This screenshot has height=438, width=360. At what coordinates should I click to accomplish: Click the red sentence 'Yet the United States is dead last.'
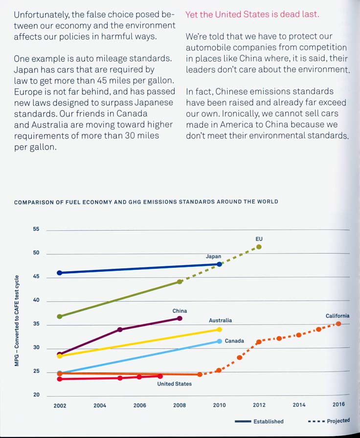tap(252, 15)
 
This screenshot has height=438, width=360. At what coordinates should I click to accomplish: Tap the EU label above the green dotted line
tap(259, 239)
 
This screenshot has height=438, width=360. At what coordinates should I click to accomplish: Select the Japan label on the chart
tap(213, 257)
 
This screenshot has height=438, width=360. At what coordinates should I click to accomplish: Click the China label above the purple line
tap(180, 311)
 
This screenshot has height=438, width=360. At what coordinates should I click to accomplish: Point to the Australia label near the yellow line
tap(220, 321)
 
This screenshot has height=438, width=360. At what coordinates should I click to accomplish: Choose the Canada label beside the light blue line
tap(234, 341)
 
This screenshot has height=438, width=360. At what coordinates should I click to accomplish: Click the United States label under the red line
tap(174, 384)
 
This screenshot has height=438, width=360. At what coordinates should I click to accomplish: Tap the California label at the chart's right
tap(337, 316)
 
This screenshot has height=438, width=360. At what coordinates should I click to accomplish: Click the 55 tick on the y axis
tap(36, 229)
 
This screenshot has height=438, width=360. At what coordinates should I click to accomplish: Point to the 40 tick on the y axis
tap(36, 300)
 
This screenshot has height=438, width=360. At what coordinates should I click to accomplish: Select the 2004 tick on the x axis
tap(100, 405)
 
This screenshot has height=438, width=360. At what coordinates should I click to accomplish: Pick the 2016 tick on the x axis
tap(338, 405)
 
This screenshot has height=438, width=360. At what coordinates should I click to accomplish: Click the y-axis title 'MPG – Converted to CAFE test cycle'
tap(17, 321)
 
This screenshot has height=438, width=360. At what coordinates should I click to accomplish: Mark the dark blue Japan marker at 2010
tap(219, 264)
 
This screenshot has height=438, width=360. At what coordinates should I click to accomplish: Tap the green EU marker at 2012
tap(259, 247)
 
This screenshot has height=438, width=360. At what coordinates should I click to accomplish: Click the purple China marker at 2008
tap(180, 318)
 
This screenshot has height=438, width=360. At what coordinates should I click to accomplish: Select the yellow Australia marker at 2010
tap(219, 329)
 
